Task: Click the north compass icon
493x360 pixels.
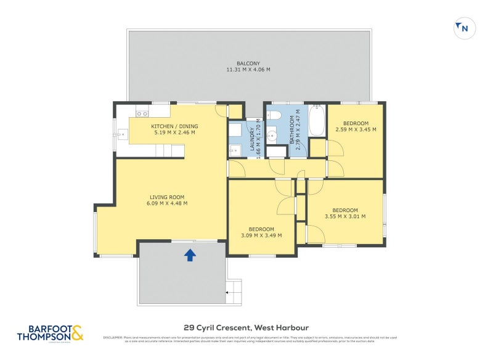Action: click(x=465, y=28)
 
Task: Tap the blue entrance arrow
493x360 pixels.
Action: click(x=190, y=254)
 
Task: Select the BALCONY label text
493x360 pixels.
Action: click(x=249, y=62)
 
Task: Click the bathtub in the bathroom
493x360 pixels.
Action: click(x=316, y=120)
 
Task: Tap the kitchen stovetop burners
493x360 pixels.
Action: click(x=142, y=113)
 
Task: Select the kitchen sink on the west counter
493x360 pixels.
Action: click(x=121, y=132)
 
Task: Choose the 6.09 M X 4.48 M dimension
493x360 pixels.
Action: click(x=166, y=203)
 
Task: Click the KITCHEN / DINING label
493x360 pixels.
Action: click(x=174, y=126)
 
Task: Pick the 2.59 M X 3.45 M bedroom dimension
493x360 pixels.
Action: click(x=356, y=129)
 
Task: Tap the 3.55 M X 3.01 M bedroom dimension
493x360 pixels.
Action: click(x=344, y=216)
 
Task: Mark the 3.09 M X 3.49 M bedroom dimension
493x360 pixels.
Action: click(x=261, y=235)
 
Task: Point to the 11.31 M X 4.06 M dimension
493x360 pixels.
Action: click(x=249, y=69)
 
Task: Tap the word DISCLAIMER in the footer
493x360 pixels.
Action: click(x=113, y=337)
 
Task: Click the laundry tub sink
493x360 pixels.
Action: click(x=234, y=150)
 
